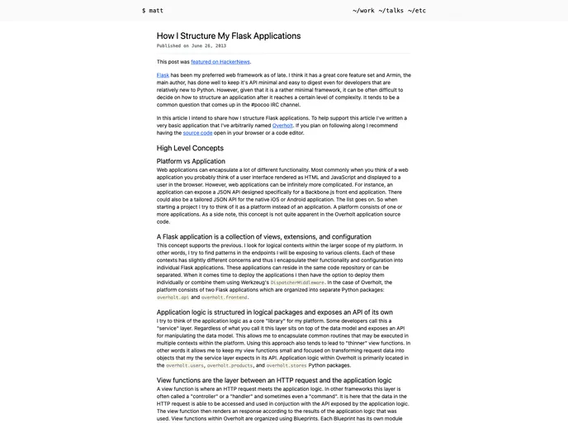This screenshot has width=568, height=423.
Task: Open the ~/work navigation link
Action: click(363, 10)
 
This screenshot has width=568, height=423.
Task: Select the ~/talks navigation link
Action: click(391, 10)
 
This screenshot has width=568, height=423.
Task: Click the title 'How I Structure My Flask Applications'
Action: click(229, 36)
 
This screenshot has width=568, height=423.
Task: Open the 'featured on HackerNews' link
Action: click(220, 61)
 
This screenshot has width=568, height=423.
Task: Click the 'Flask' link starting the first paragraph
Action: click(163, 75)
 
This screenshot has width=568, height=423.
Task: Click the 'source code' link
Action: click(197, 132)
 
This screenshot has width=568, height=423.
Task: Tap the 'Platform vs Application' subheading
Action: click(191, 161)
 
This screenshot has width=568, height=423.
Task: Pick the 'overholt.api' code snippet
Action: click(173, 297)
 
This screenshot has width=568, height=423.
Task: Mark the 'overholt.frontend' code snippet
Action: click(225, 297)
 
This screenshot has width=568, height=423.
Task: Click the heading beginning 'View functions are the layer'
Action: click(273, 379)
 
